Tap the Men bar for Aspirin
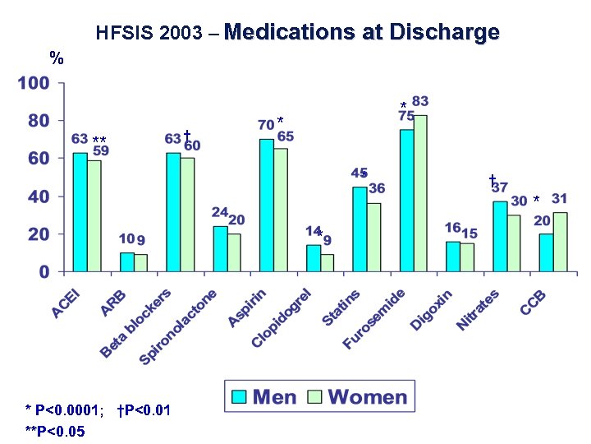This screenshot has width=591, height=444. tap(267, 205)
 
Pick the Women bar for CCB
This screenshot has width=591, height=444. tap(560, 242)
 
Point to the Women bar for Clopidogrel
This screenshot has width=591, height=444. tap(328, 262)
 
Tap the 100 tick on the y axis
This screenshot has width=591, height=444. tap(34, 84)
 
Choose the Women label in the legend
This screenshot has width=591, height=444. tap(367, 397)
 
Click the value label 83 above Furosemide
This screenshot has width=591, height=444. tap(420, 102)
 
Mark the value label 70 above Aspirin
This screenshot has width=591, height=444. tap(266, 126)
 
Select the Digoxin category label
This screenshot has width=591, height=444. tap(432, 311)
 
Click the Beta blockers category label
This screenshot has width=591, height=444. tap(136, 322)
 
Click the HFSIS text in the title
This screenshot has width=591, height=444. tap(120, 35)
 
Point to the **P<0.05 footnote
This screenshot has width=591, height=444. tap(55, 430)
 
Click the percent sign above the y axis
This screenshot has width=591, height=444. tap(57, 58)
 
